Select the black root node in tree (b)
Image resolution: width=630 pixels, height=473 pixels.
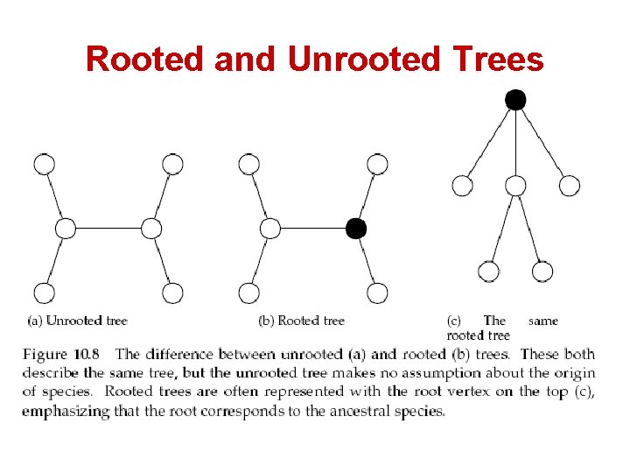click(x=355, y=229)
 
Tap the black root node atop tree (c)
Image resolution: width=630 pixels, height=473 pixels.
click(x=515, y=100)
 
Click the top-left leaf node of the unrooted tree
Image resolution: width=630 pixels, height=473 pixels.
click(x=44, y=164)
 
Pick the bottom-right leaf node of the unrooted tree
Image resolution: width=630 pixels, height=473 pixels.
click(x=172, y=293)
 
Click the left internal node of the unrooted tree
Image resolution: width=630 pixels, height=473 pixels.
click(x=66, y=229)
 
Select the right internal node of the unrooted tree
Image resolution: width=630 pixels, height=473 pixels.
click(x=151, y=229)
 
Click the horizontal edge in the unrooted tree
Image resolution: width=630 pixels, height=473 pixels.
click(x=108, y=229)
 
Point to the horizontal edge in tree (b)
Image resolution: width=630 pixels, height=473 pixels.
click(x=312, y=229)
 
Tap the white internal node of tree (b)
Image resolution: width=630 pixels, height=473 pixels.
click(x=270, y=229)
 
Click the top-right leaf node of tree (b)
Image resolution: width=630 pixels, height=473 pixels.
click(x=377, y=164)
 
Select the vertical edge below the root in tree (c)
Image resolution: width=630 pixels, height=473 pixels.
click(x=515, y=143)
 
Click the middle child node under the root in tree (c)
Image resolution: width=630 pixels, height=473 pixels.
click(x=515, y=186)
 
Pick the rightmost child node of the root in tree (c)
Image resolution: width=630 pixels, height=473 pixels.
click(x=570, y=186)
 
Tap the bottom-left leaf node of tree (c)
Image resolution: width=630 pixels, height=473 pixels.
click(x=489, y=272)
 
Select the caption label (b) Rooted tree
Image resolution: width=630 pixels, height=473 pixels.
click(x=301, y=321)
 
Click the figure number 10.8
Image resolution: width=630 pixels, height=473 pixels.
click(x=87, y=355)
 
